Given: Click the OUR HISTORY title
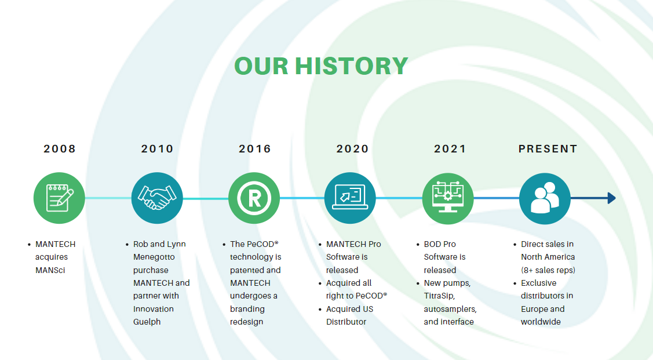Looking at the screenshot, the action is coord(321,66).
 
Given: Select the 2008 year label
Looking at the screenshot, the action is coord(60,149).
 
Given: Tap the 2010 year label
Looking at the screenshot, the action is coord(157,149).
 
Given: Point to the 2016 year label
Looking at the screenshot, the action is coord(255,149).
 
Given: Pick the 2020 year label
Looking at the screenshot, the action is coord(352,149).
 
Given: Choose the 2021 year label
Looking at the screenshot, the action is coord(450,149).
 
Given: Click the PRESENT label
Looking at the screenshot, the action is coord(548,149).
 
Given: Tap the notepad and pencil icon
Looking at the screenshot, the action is coord(60,198).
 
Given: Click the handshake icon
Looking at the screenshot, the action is coord(157,198).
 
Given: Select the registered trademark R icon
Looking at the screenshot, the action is coord(254,198).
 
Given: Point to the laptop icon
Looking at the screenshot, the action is coord(350,197).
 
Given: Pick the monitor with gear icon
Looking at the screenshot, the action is coord(448,197).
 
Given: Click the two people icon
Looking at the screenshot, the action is coord(545,198).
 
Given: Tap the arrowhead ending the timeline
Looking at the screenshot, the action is coord(611,198).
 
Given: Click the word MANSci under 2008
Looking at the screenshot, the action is coord(50,270).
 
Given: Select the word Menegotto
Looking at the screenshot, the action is coord(154,257).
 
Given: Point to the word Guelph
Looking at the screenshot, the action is coord(147,322).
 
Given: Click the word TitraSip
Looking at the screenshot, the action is coord(439,296).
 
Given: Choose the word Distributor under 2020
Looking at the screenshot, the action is coord(346,322).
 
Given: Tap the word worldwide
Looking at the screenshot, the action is coord(541,322).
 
